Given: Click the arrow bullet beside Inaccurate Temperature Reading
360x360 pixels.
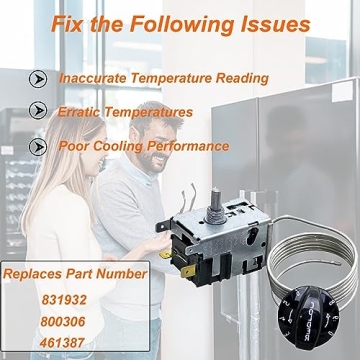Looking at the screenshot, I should pos(38,77).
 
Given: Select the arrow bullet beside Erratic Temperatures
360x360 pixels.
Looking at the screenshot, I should pos(38,111).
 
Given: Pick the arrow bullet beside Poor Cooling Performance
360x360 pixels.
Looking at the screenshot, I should pos(38,145).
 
